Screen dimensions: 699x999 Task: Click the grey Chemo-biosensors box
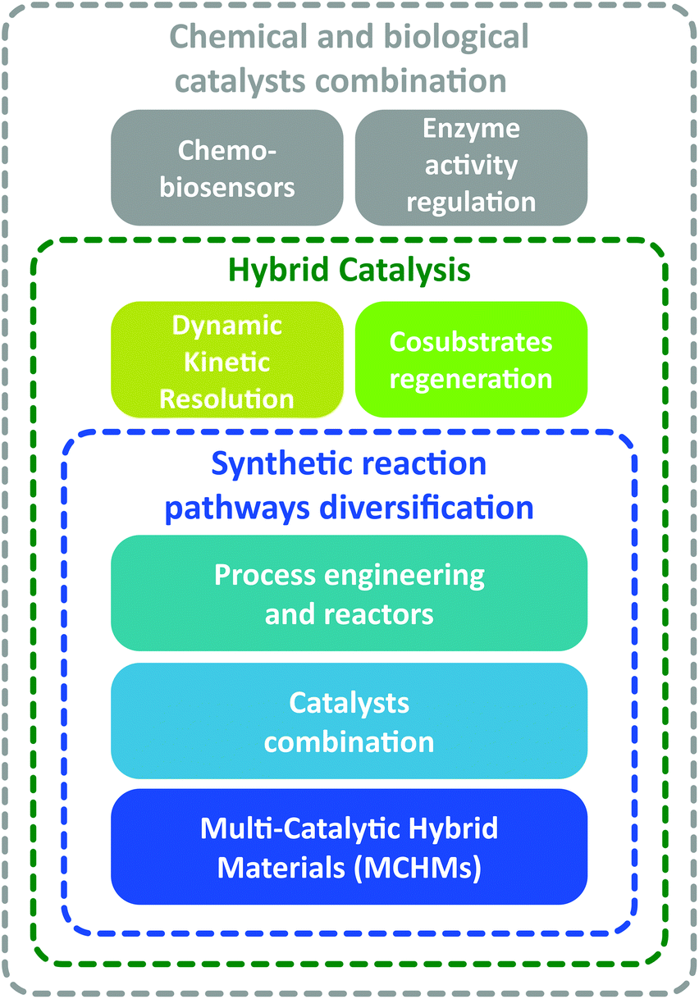[227, 167]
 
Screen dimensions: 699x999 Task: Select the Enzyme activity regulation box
[471, 167]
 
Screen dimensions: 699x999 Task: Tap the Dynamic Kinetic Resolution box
[227, 359]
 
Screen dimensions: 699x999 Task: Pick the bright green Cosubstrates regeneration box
[471, 359]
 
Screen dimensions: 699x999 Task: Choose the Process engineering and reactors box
[349, 593]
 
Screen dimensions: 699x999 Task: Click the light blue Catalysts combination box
[349, 721]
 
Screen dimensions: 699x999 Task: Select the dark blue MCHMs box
[349, 847]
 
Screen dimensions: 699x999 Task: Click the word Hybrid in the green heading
[278, 271]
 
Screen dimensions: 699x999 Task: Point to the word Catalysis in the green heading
[404, 271]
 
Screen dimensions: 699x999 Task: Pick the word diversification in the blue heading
[427, 508]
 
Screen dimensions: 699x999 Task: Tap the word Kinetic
[227, 362]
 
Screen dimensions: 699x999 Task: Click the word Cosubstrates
[471, 342]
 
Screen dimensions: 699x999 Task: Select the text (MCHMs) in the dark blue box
[418, 868]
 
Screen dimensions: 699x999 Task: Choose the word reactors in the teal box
[379, 614]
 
